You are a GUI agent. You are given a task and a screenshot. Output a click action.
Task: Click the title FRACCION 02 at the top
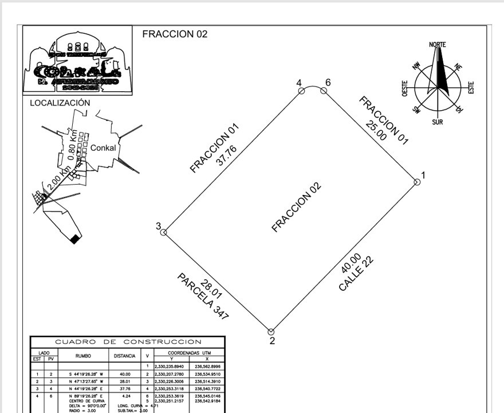pyautogui.click(x=175, y=34)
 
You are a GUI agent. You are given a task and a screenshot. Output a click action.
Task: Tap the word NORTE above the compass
pyautogui.click(x=438, y=45)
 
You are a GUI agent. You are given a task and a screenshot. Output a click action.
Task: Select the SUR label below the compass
pyautogui.click(x=438, y=122)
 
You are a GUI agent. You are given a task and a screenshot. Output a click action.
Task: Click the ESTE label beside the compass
pyautogui.click(x=472, y=88)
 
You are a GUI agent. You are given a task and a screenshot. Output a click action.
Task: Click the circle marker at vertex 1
pyautogui.click(x=417, y=182)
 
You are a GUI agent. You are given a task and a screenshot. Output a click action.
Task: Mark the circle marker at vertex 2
pyautogui.click(x=271, y=331)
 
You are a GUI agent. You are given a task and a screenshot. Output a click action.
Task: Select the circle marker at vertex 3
pyautogui.click(x=163, y=232)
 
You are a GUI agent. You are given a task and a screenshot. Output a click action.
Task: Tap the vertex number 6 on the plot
pyautogui.click(x=328, y=83)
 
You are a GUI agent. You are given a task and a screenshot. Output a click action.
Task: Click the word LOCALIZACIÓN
pyautogui.click(x=60, y=103)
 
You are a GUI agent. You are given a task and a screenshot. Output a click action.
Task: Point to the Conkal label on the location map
pyautogui.click(x=103, y=147)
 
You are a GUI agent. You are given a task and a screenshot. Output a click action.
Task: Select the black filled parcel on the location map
pyautogui.click(x=74, y=239)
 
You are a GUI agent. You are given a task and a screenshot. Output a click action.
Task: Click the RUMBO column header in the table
pyautogui.click(x=91, y=356)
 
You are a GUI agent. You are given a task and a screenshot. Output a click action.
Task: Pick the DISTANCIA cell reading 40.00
pyautogui.click(x=125, y=373)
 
